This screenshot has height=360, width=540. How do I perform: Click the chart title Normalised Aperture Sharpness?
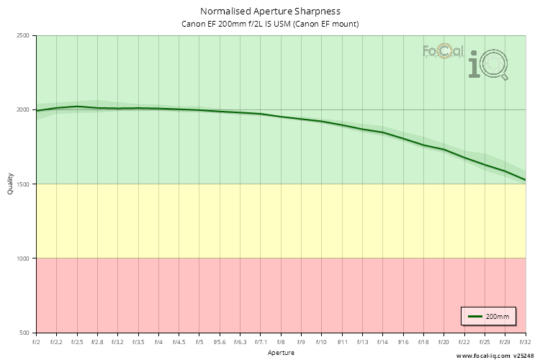click(x=270, y=11)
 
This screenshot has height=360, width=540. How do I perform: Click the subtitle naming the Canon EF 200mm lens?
click(x=270, y=24)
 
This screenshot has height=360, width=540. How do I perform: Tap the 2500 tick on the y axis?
click(x=23, y=36)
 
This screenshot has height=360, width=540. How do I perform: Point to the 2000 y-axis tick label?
click(x=23, y=110)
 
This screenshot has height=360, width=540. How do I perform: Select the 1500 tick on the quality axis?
click(x=23, y=184)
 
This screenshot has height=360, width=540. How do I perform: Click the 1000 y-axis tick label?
click(x=23, y=258)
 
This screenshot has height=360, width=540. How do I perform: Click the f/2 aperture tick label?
click(x=36, y=342)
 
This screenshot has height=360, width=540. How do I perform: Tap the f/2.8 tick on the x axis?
click(x=97, y=342)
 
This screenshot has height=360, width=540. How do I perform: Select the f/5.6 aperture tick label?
click(x=220, y=342)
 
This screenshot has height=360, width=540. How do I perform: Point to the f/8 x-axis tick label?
click(x=281, y=342)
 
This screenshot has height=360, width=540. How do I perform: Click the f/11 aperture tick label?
click(x=342, y=342)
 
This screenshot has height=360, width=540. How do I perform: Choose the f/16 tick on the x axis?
click(x=403, y=342)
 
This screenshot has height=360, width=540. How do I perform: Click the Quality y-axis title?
click(x=10, y=184)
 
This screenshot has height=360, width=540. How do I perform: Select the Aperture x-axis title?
click(x=281, y=353)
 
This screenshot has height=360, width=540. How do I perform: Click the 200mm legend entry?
click(x=488, y=316)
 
